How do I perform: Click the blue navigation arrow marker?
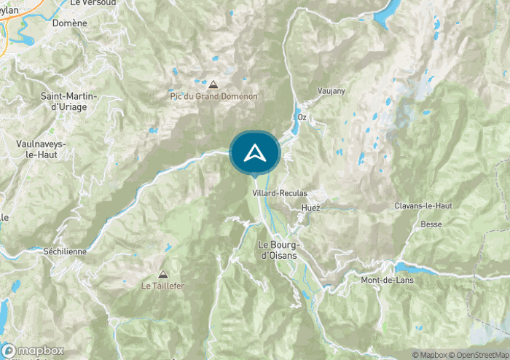coord(254,152)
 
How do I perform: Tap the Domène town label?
coord(70,23)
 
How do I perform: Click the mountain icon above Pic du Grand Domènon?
coord(213,85)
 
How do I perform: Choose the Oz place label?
coord(301,117)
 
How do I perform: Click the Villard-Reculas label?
coord(279,193)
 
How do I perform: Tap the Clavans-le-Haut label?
coord(423,206)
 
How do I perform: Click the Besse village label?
coord(431,224)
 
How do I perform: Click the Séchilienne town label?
coord(64,251)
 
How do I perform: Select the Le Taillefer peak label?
coord(162,286)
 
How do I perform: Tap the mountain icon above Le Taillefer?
coord(162,274)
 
